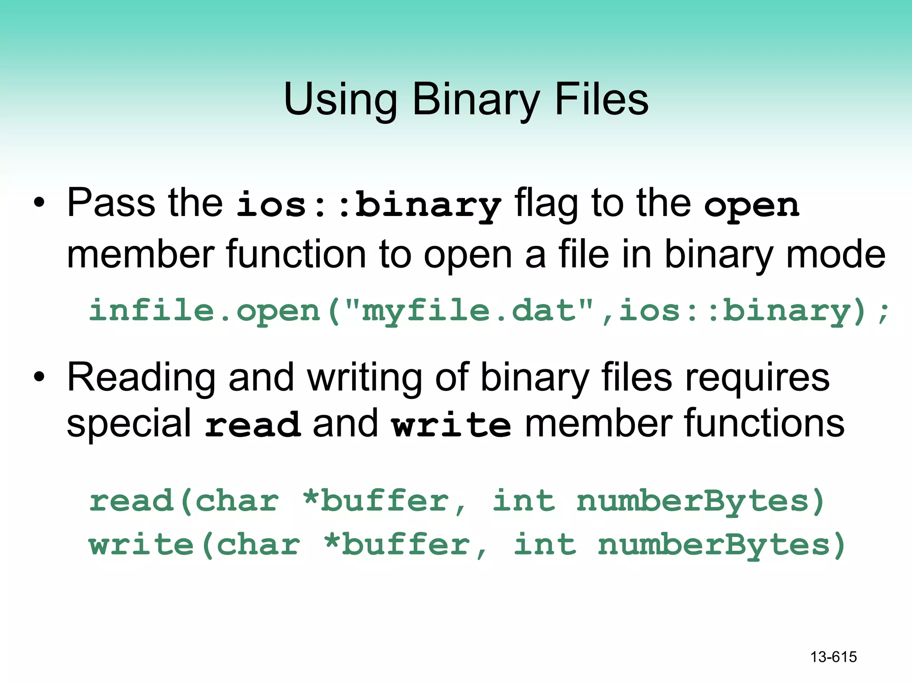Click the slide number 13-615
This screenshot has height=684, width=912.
(x=833, y=657)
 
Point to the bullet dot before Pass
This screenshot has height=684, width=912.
(x=39, y=203)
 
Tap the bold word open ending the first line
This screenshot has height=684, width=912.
(x=752, y=206)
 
